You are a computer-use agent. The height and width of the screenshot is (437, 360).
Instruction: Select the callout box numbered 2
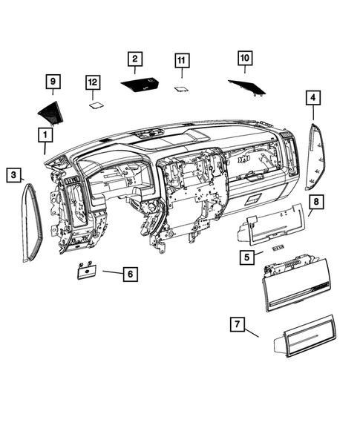point(134,58)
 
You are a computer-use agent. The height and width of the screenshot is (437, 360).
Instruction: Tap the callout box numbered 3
point(14,174)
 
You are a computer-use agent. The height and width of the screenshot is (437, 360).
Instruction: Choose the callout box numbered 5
point(246,257)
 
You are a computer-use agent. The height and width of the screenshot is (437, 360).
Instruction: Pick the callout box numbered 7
point(238,324)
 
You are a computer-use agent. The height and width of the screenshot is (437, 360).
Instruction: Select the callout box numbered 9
point(52,80)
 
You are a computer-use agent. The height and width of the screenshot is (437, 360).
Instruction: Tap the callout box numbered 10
point(244,56)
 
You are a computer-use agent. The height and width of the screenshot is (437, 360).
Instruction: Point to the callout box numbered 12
point(92,82)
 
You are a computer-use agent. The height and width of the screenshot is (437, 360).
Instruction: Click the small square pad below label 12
point(95,105)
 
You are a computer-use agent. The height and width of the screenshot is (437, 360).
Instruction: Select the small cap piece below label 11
point(180,88)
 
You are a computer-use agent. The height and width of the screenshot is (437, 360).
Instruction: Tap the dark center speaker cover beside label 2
point(145,86)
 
